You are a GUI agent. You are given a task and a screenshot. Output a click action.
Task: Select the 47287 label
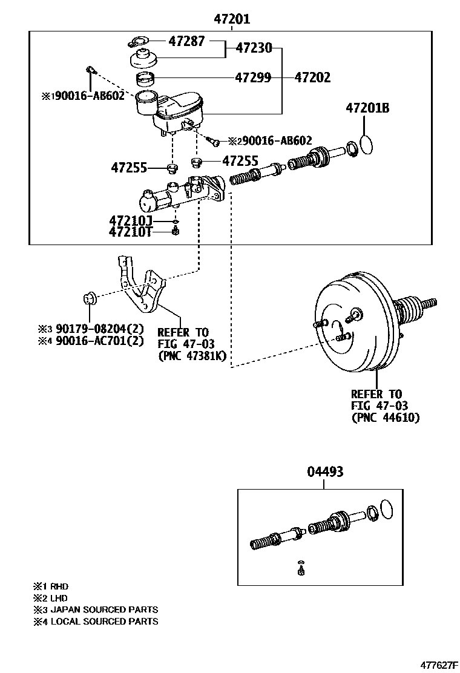[186, 41]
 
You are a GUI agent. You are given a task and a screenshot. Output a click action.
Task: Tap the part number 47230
[254, 48]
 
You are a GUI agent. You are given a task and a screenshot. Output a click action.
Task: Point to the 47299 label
[253, 77]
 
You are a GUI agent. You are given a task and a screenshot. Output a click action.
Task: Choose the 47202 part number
[313, 77]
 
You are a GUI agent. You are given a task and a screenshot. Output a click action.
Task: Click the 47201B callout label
[368, 108]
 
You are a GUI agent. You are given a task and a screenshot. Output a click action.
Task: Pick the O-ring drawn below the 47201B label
[366, 145]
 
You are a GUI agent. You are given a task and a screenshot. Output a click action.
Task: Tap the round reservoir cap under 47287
[143, 59]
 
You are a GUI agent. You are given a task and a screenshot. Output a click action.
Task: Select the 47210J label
[131, 221]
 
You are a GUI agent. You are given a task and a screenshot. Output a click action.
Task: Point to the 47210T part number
[131, 232]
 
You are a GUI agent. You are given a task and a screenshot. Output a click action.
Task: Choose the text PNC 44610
[386, 417]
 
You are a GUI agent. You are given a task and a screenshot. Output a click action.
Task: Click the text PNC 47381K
[192, 356]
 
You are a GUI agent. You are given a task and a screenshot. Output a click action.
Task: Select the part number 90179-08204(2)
[99, 329]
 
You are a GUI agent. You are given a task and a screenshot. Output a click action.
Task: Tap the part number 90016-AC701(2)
[99, 341]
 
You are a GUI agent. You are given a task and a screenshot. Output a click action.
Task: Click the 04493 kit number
[325, 471]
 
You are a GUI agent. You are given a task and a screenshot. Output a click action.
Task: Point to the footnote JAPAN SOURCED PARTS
[104, 609]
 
